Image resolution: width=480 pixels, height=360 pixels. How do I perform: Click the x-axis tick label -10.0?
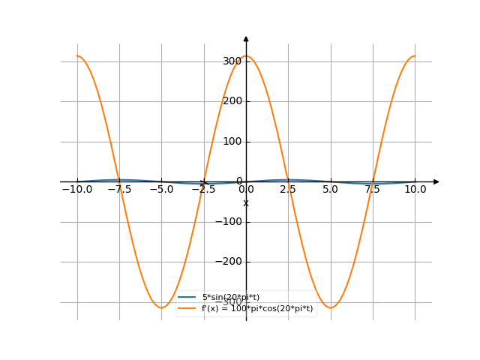pyautogui.click(x=76, y=190)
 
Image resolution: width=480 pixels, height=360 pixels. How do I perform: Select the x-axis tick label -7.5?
pyautogui.click(x=118, y=190)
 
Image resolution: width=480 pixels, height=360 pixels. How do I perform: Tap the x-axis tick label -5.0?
pyautogui.click(x=160, y=190)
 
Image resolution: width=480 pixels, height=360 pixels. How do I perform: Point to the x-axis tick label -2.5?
pyautogui.click(x=202, y=190)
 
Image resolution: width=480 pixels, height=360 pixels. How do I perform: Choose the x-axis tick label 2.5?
pyautogui.click(x=289, y=190)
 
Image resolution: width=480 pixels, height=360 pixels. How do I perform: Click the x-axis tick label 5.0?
pyautogui.click(x=331, y=190)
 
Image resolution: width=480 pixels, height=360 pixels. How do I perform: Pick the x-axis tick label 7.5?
pyautogui.click(x=373, y=190)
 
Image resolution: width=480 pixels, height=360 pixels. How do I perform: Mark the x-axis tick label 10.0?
pyautogui.click(x=415, y=190)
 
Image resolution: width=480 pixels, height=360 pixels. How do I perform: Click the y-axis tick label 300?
pyautogui.click(x=232, y=61)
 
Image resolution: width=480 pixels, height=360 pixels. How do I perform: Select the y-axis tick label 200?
pyautogui.click(x=232, y=101)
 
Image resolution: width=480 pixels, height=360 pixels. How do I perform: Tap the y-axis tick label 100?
pyautogui.click(x=232, y=142)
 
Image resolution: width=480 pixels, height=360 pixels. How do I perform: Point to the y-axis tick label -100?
pyautogui.click(x=229, y=222)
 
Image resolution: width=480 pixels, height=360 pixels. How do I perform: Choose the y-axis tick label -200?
pyautogui.click(x=229, y=262)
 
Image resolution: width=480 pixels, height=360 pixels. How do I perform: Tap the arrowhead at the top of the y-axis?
pyautogui.click(x=246, y=38)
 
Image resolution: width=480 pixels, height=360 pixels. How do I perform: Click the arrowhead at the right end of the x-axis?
pyautogui.click(x=436, y=181)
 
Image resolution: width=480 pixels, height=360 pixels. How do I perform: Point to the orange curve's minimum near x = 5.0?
pyautogui.click(x=331, y=307)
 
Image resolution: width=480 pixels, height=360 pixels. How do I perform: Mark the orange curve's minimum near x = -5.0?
pyautogui.click(x=161, y=307)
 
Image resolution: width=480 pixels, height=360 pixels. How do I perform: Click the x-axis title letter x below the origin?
pyautogui.click(x=246, y=203)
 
